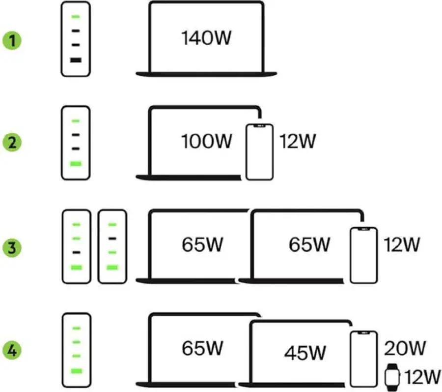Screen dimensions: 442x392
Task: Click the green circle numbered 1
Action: [12, 40]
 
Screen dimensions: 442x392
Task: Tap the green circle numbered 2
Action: [12, 142]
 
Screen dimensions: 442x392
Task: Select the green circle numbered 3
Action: [12, 247]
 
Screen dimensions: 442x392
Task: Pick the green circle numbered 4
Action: [12, 351]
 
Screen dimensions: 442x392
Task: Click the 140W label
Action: [206, 38]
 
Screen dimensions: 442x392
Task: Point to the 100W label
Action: [207, 141]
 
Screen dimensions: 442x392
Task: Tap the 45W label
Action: [304, 353]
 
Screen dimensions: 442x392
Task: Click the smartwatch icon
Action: [392, 377]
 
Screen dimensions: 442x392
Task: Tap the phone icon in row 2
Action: [259, 152]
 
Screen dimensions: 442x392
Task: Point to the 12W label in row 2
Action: [298, 141]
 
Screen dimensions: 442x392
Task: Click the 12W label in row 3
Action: [402, 244]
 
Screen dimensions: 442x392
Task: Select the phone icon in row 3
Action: [363, 255]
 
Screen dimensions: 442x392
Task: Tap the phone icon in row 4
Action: [363, 359]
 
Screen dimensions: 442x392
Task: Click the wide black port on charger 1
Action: [76, 60]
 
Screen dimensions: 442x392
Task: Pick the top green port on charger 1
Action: [76, 17]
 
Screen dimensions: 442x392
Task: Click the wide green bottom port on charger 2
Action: [76, 164]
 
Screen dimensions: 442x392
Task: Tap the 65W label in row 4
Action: [202, 348]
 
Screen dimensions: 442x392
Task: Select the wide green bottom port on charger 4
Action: [77, 371]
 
